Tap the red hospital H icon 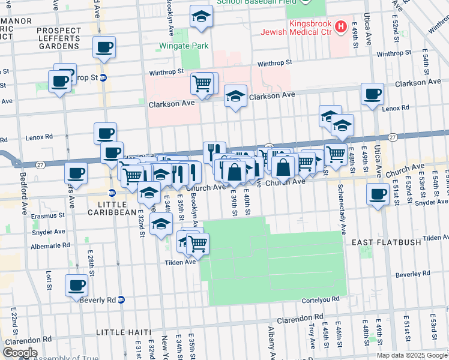[341, 26]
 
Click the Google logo [20, 352]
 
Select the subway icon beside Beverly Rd [121, 299]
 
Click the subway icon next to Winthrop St [103, 77]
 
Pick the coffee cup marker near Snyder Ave [378, 194]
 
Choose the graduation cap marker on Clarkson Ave [236, 95]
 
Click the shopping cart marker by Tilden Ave [197, 243]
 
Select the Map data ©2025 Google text [411, 355]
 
